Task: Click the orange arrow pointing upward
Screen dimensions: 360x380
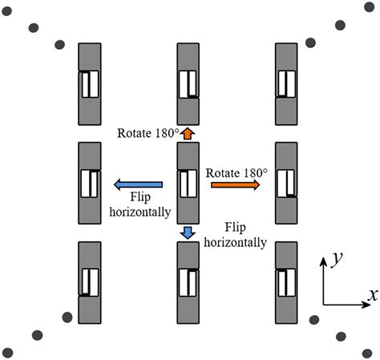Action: click(187, 133)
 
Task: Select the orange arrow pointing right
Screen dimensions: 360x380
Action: click(235, 184)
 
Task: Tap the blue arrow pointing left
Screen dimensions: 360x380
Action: click(138, 185)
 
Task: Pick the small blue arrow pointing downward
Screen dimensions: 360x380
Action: click(187, 233)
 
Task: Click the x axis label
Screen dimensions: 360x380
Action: click(372, 294)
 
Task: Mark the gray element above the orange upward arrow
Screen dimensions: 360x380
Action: click(187, 83)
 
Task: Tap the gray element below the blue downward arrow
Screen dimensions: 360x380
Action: click(187, 281)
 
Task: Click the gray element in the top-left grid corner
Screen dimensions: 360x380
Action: click(89, 83)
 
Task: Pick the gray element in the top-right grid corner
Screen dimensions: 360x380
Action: click(285, 83)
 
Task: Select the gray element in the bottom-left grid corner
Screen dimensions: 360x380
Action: click(89, 281)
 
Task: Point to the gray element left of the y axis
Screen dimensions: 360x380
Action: click(285, 281)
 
